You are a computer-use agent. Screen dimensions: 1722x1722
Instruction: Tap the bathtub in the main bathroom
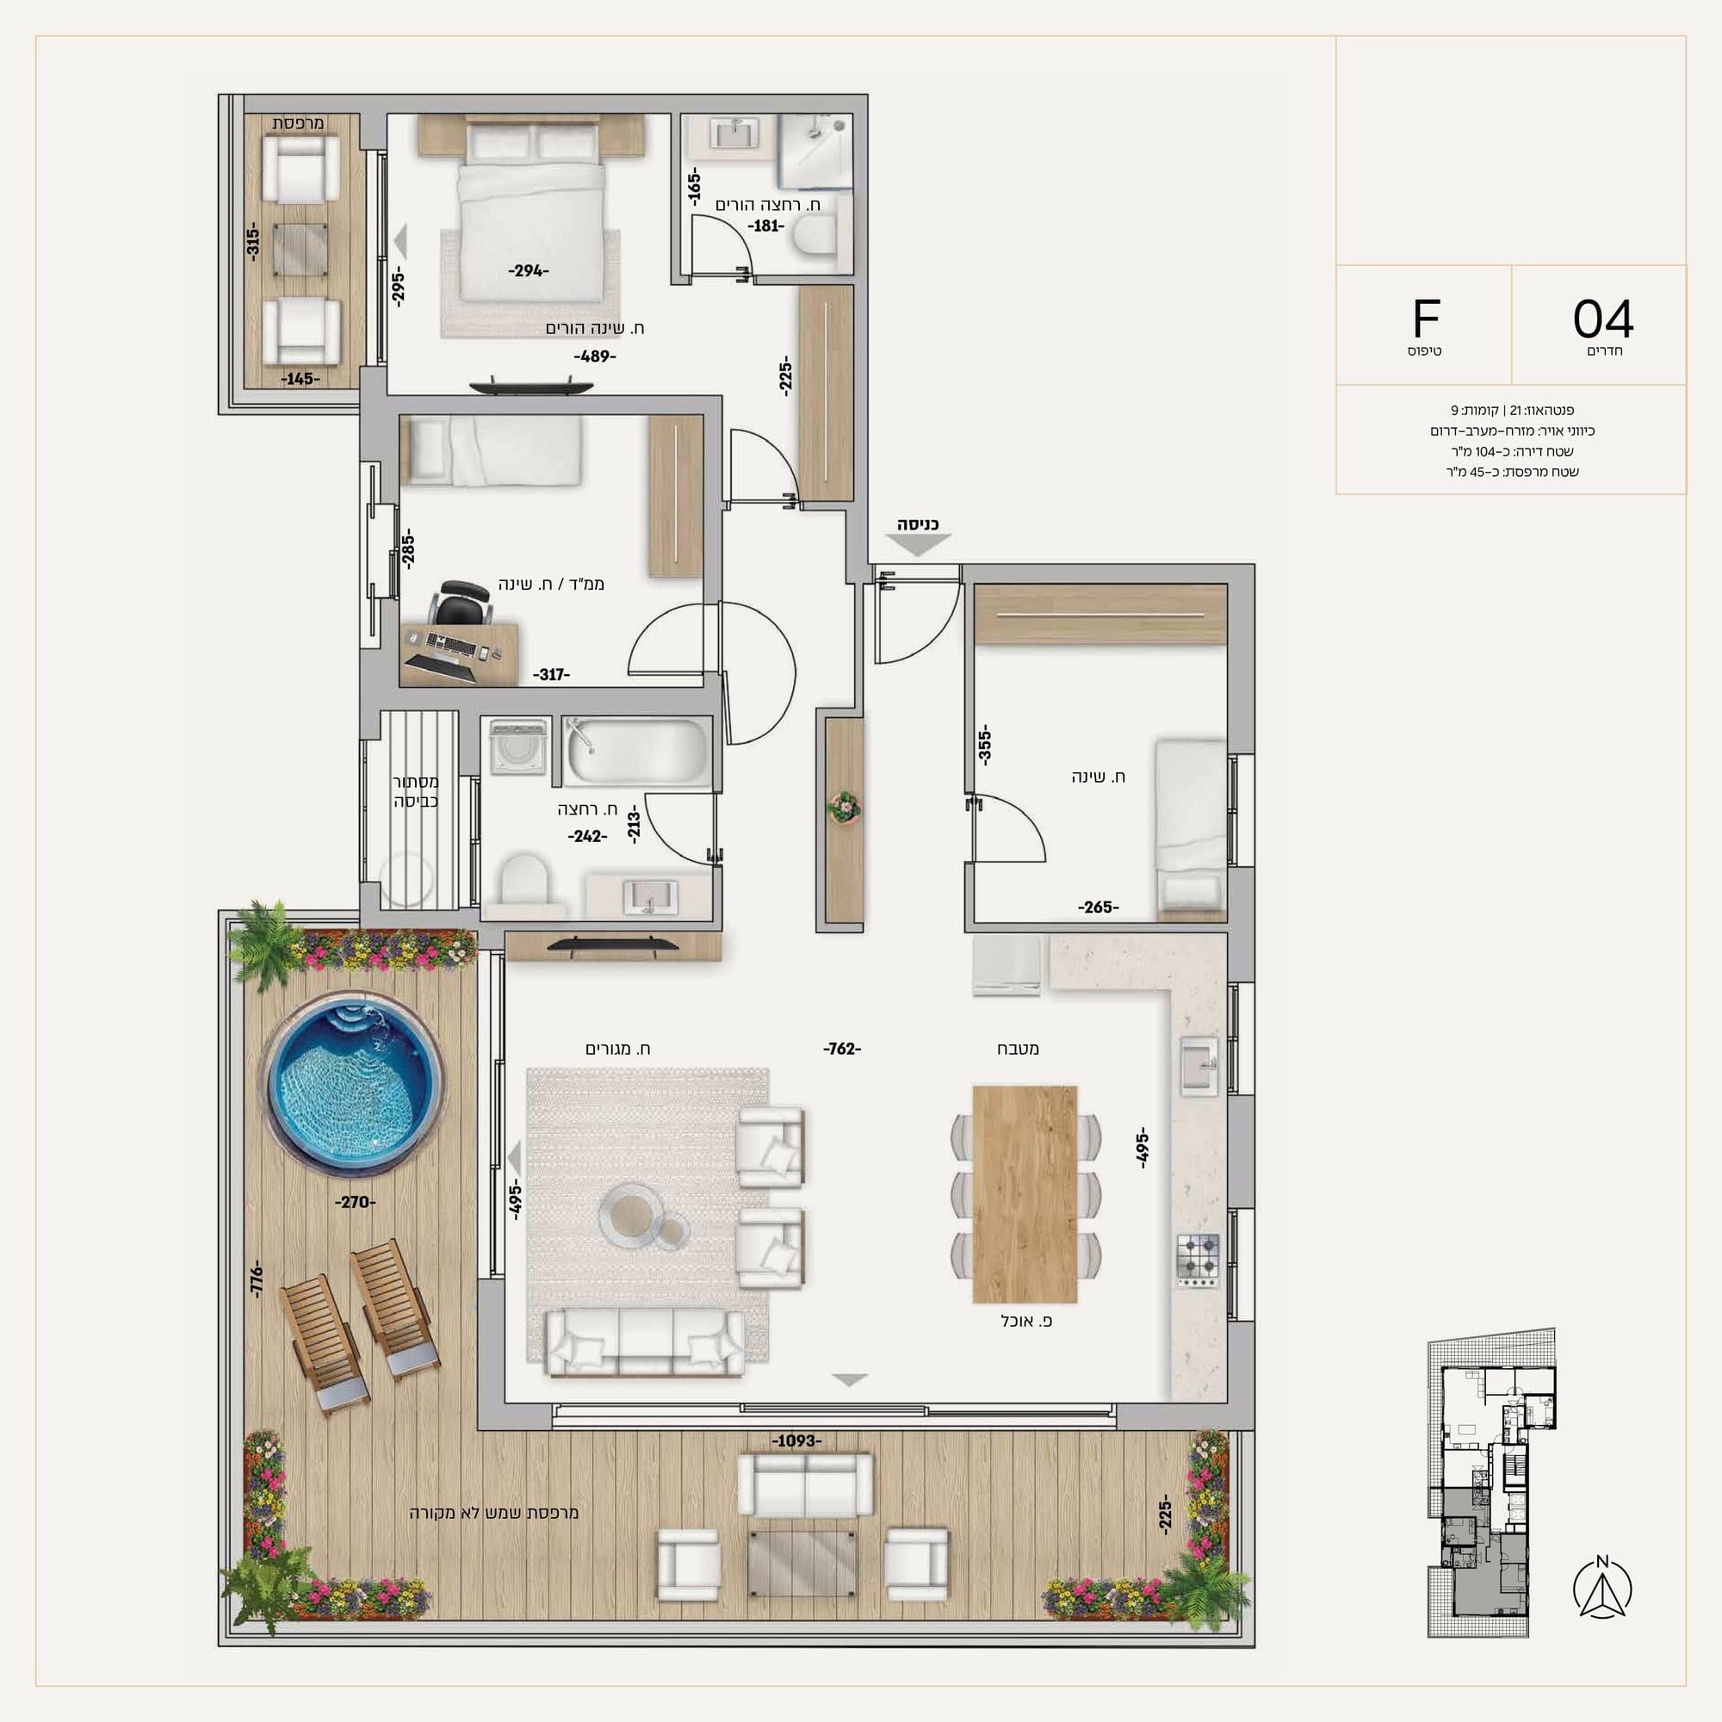635,753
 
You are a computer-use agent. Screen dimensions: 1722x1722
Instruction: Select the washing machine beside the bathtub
517,746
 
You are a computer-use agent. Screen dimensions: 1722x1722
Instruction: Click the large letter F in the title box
1426,319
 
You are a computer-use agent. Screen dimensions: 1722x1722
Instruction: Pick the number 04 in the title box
1603,319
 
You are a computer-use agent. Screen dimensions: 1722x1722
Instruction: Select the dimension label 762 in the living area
842,1049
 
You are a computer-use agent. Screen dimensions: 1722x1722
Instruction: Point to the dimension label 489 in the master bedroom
594,356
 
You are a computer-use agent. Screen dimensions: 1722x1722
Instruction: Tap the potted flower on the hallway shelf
843,808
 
